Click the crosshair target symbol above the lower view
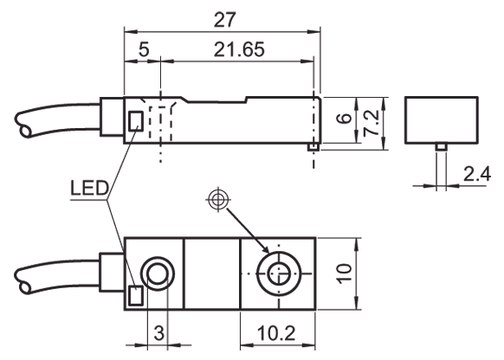217,201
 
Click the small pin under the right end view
440,150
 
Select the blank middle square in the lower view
213,273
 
